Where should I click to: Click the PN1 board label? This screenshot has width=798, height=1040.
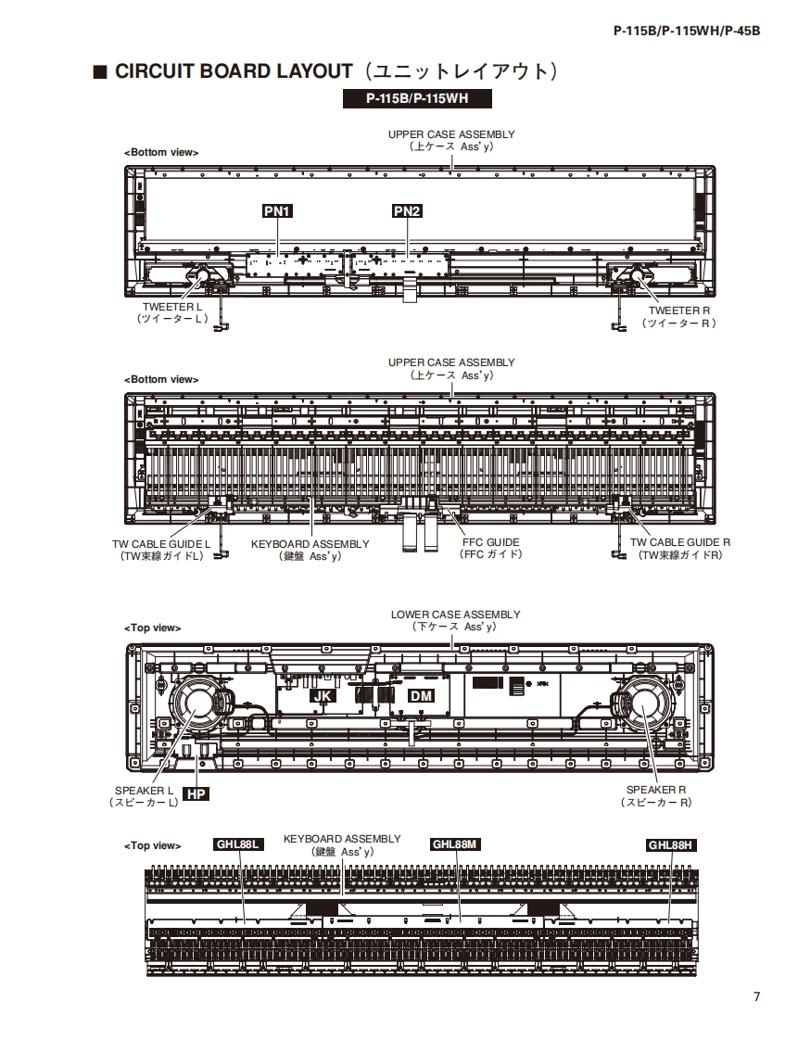click(x=278, y=211)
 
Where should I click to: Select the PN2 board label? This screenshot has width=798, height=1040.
click(x=407, y=211)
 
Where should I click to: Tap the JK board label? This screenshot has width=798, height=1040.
click(x=322, y=695)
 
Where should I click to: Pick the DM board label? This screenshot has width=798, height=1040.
click(x=421, y=695)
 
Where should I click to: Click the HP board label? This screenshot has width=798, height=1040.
click(x=195, y=794)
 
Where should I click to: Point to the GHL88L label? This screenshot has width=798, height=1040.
click(x=238, y=844)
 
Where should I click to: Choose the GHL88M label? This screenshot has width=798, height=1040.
click(x=455, y=844)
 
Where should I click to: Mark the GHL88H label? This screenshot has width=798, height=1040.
click(x=670, y=844)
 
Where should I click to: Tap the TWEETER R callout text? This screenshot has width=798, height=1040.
click(x=679, y=311)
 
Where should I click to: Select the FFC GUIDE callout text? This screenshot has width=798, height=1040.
click(x=490, y=542)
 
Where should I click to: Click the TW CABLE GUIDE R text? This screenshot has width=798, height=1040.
click(x=680, y=542)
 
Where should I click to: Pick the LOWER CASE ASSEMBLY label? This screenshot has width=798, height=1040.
click(x=455, y=615)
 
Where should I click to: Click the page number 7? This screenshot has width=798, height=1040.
click(x=756, y=997)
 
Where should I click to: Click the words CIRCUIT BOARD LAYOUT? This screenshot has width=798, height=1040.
click(x=234, y=72)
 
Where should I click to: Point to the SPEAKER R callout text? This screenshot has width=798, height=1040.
click(x=655, y=790)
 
